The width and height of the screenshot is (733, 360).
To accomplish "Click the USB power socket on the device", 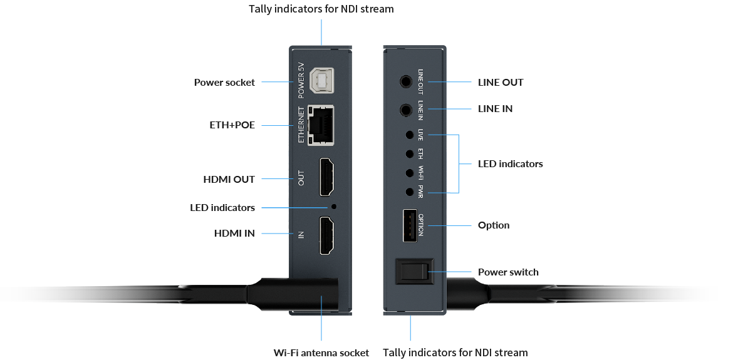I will tap(321, 81).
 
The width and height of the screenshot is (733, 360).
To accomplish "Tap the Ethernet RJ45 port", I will tap(320, 125).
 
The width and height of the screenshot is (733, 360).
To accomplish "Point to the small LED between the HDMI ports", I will tap(333, 207).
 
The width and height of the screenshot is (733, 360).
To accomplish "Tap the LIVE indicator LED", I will tap(409, 135).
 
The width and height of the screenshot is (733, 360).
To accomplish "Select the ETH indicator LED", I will tap(409, 153).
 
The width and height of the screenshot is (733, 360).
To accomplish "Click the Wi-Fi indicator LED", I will tap(409, 172).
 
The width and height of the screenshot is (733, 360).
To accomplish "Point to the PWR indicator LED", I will tap(409, 192).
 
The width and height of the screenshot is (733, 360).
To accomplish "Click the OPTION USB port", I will tap(409, 225).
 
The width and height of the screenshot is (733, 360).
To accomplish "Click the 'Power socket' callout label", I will tap(224, 82).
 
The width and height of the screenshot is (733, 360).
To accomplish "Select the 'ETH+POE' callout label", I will tap(232, 125).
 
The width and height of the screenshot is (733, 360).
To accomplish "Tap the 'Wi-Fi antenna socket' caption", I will tap(321, 352).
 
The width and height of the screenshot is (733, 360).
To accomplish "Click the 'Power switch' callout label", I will tap(508, 272).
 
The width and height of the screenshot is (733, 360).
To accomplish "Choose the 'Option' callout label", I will tap(494, 225).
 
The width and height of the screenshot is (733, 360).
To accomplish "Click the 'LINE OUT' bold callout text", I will tap(501, 82).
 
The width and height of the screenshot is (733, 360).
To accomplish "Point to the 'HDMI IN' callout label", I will tap(234, 234).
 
